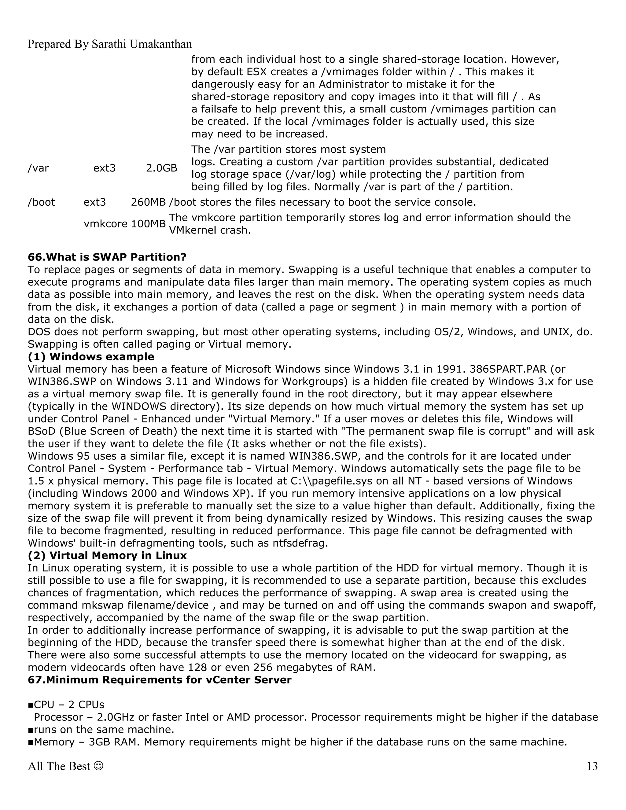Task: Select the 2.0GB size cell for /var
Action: coord(161,168)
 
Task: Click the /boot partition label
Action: coord(41,202)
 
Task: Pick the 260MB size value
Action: coord(148,202)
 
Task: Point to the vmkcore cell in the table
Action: coord(105,224)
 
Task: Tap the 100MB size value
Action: coord(148,224)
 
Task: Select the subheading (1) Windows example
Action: coord(91,357)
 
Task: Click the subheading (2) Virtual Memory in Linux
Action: coord(107,556)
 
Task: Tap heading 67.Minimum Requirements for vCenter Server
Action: coord(160,680)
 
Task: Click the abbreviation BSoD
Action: coord(42,431)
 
